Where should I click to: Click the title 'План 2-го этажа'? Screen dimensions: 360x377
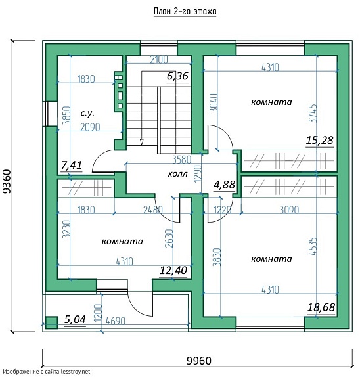[185, 12]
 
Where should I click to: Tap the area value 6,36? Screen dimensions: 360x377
[177, 76]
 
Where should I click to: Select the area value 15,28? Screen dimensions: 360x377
[320, 140]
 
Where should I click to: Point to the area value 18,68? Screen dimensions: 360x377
[321, 307]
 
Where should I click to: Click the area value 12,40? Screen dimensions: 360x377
[173, 270]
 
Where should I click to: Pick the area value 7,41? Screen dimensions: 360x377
[72, 165]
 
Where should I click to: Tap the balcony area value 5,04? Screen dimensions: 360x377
[75, 320]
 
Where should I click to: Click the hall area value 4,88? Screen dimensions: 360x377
[225, 185]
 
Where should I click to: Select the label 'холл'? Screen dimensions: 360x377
[177, 174]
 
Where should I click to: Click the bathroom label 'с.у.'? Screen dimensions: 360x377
[87, 113]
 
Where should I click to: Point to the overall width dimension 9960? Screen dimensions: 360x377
[199, 361]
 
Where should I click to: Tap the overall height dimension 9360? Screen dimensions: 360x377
[7, 181]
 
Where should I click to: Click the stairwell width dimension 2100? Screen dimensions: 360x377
[159, 60]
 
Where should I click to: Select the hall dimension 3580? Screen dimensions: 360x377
[182, 160]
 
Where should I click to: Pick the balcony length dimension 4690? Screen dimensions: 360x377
[116, 321]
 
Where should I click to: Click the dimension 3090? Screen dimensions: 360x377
[290, 210]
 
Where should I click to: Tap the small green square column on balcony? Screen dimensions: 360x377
[51, 322]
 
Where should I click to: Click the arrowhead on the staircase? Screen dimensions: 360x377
[141, 142]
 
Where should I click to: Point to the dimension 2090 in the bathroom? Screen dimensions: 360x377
[90, 127]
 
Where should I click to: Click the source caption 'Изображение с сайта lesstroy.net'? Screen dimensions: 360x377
[47, 372]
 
